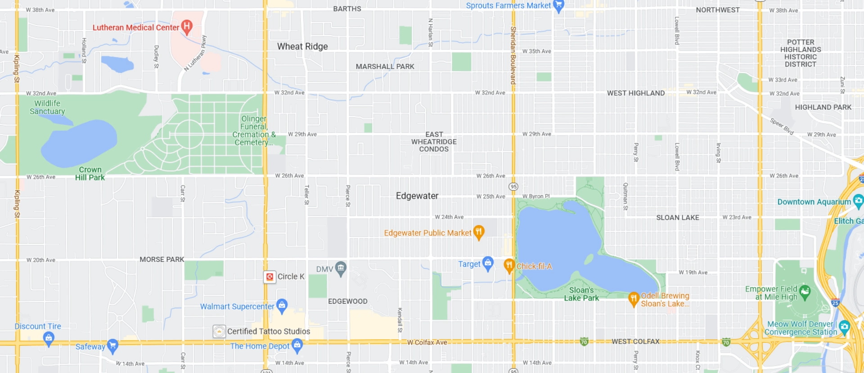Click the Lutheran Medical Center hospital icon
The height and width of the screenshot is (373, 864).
pyautogui.click(x=187, y=27)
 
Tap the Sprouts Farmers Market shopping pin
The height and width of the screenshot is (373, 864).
pyautogui.click(x=558, y=6)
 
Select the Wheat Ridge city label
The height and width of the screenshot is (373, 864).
pyautogui.click(x=302, y=46)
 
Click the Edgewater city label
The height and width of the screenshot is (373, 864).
pyautogui.click(x=417, y=196)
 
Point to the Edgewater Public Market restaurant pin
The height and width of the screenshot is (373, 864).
pyautogui.click(x=479, y=232)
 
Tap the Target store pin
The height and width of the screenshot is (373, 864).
pyautogui.click(x=488, y=263)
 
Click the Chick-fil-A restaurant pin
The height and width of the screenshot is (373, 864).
pyautogui.click(x=509, y=265)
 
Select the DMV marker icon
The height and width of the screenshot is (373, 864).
pyautogui.click(x=341, y=269)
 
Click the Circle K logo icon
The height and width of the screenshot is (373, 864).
pyautogui.click(x=270, y=277)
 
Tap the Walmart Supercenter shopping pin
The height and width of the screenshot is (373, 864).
pyautogui.click(x=282, y=306)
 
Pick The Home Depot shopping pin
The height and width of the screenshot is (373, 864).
pyautogui.click(x=297, y=345)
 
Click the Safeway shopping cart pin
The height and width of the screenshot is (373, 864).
pyautogui.click(x=112, y=346)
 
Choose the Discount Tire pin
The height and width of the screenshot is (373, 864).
pyautogui.click(x=49, y=337)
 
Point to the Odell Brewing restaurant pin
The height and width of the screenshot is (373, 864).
pyautogui.click(x=634, y=298)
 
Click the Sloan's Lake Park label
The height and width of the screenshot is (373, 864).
pyautogui.click(x=581, y=294)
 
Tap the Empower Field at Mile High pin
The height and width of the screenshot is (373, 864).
pyautogui.click(x=805, y=292)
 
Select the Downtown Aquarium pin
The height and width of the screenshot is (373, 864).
pyautogui.click(x=858, y=201)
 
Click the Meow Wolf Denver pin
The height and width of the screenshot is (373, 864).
pyautogui.click(x=844, y=327)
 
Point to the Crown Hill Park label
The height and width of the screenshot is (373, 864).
pyautogui.click(x=90, y=173)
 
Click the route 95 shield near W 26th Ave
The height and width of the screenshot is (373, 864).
pyautogui.click(x=513, y=186)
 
